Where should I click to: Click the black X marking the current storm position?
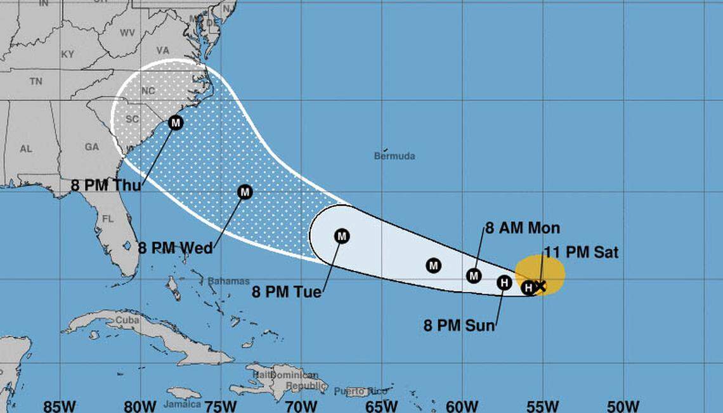tap(540, 286)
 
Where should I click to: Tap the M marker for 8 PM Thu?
tap(176, 122)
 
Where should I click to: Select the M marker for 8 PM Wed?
tap(245, 191)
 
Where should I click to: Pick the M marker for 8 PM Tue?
tap(342, 237)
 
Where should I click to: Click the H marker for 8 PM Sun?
tap(504, 282)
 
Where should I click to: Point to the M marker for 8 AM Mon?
tap(474, 275)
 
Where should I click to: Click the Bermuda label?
tap(394, 155)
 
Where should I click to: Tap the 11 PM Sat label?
tap(581, 252)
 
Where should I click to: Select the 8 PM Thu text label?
tap(106, 185)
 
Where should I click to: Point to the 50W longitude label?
tap(623, 405)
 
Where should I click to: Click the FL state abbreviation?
tap(107, 219)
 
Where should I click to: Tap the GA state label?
tap(92, 147)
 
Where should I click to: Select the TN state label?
tap(36, 81)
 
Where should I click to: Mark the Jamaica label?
tap(182, 403)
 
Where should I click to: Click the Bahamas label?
tap(228, 281)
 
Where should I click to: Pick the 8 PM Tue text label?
tap(287, 292)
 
